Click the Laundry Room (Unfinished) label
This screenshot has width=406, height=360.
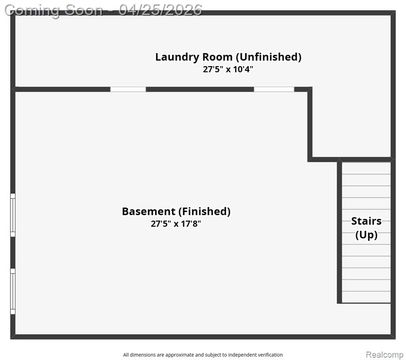pos(228,57)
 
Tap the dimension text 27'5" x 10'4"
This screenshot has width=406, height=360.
pos(228,69)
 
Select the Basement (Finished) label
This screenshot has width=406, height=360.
pos(176,211)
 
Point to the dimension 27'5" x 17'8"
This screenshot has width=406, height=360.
pos(176,224)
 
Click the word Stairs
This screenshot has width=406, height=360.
pos(366,221)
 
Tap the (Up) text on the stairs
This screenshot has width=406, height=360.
pos(366,235)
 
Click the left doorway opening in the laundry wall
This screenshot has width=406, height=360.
pos(128,90)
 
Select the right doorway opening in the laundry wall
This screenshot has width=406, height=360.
pos(274,90)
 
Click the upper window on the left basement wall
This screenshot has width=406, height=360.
pos(13,215)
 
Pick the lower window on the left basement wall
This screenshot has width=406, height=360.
pos(13,291)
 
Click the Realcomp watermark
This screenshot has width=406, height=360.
pos(384,354)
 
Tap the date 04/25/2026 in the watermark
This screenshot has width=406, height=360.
pos(160,10)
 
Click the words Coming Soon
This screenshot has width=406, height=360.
pos(53,11)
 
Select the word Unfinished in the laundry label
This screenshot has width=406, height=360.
pos(269,57)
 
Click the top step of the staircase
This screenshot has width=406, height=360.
pos(366,168)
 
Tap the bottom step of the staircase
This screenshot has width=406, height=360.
pos(366,297)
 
